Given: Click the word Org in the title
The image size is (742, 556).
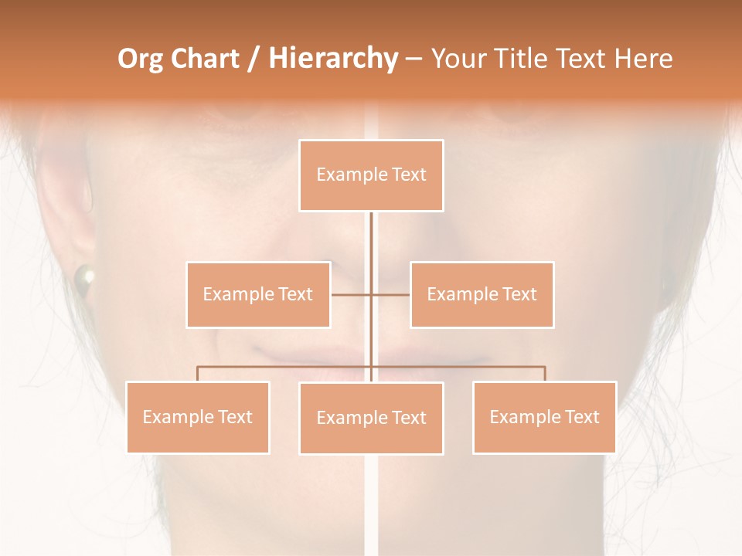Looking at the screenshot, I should coord(140,59).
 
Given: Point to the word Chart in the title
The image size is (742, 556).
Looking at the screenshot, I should coord(205,59).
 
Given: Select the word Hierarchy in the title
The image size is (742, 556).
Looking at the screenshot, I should coord(332,59).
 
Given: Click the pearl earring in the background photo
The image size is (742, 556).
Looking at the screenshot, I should coord(83,276).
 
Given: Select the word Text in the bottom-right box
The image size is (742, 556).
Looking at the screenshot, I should coord(582,417).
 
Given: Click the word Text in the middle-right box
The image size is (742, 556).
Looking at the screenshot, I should coord(519,294).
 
